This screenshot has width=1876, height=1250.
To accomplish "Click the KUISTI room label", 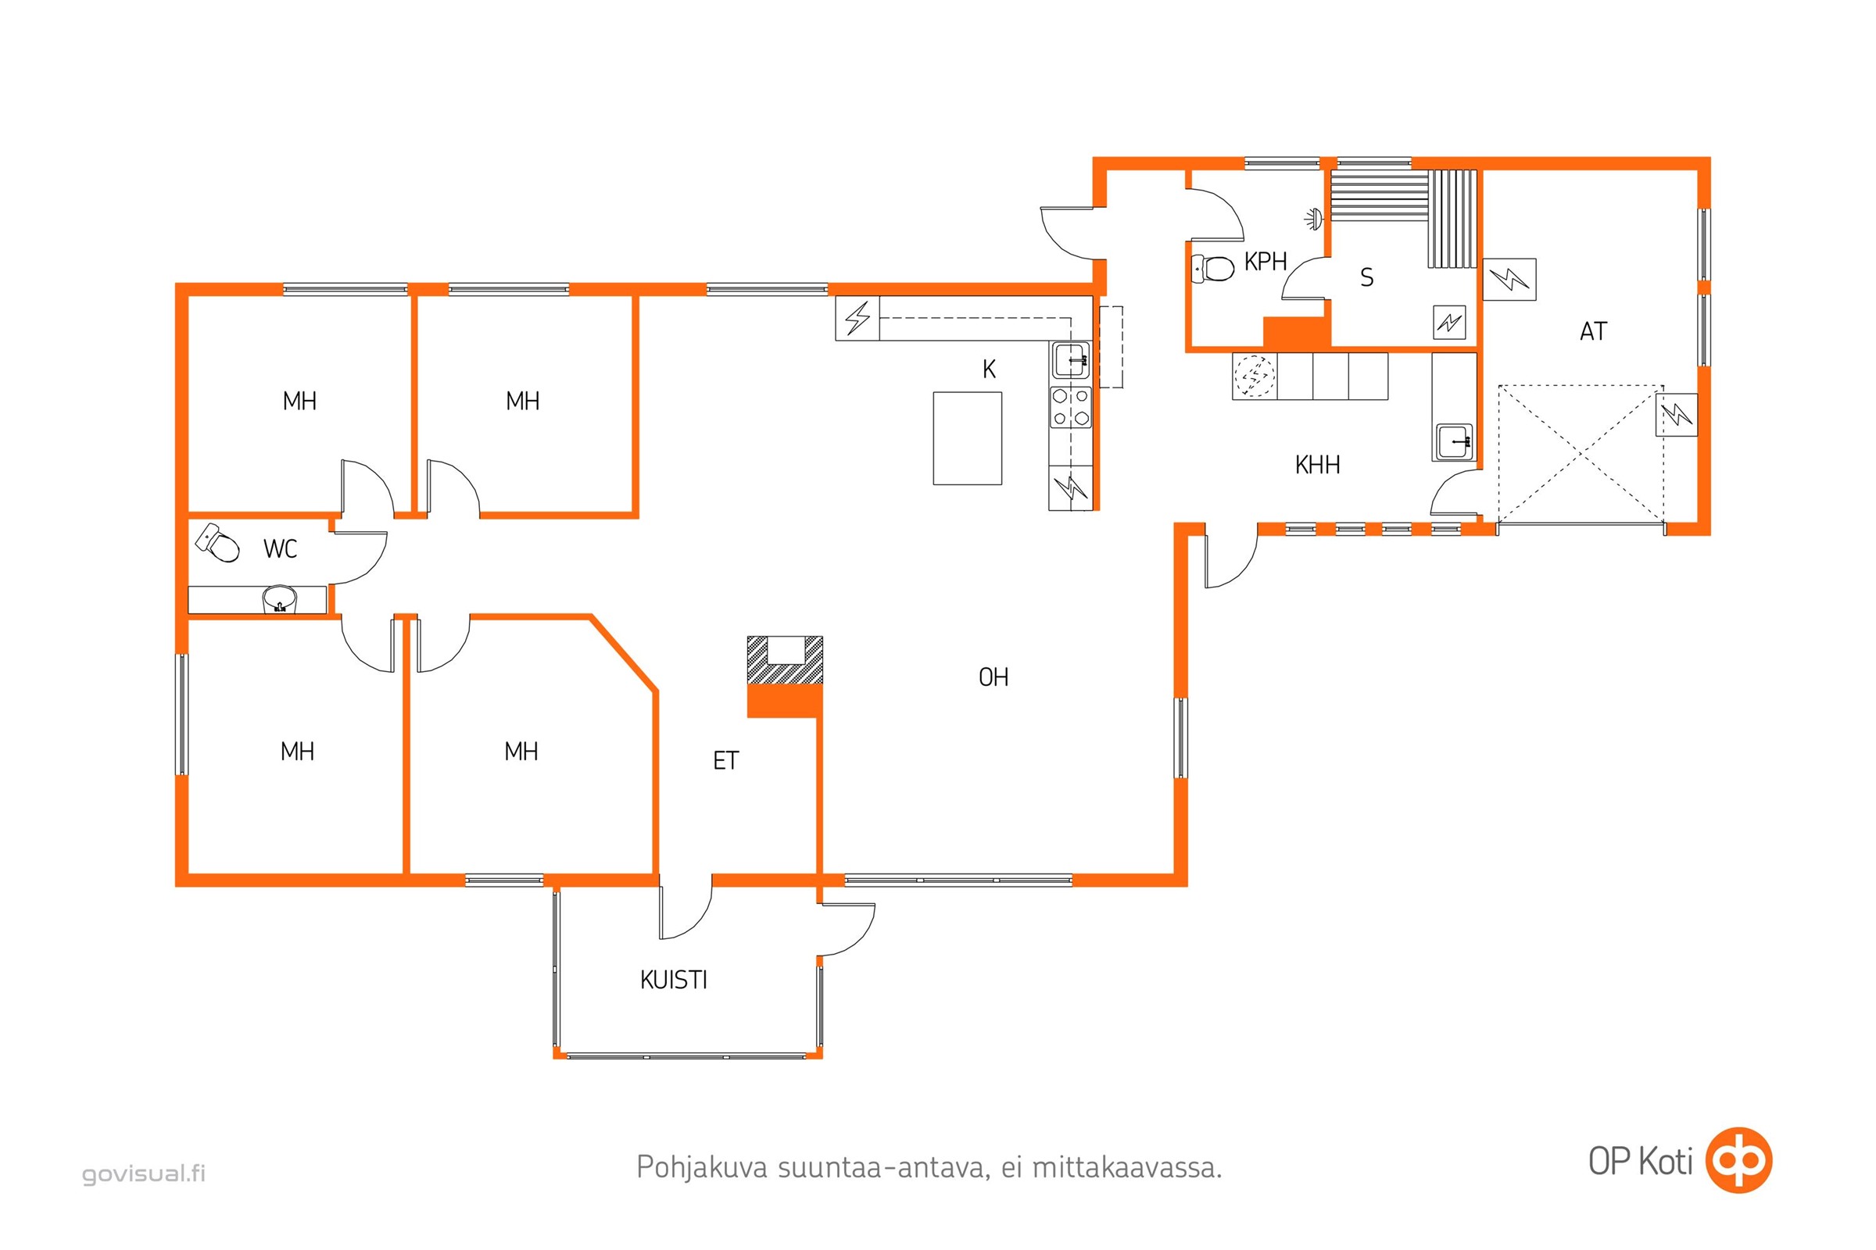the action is tap(673, 980).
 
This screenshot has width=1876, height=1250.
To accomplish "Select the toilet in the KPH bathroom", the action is tap(1212, 268).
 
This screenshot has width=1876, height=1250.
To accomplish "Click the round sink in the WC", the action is tap(279, 598).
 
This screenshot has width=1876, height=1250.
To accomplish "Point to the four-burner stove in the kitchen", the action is tap(1070, 406).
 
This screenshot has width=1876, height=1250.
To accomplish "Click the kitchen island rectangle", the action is tap(968, 437).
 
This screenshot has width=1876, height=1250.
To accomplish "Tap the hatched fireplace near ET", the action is tap(785, 660).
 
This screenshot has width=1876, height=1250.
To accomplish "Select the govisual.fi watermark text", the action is tap(144, 1173).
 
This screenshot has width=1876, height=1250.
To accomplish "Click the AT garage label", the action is tap(1593, 330).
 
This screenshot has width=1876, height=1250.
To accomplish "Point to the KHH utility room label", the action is tap(1317, 465).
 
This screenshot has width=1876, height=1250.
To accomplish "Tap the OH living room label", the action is tap(993, 677).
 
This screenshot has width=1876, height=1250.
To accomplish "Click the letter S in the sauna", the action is tap(1366, 277).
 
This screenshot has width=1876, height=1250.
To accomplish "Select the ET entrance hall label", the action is tap(725, 760).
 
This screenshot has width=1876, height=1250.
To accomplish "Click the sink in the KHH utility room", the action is tap(1454, 441).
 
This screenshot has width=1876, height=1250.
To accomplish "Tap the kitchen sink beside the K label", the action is tap(1070, 359).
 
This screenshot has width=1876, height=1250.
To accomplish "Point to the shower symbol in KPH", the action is tap(1313, 217).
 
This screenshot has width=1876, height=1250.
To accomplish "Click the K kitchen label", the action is tap(989, 369).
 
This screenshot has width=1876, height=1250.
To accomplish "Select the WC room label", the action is tap(280, 548).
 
